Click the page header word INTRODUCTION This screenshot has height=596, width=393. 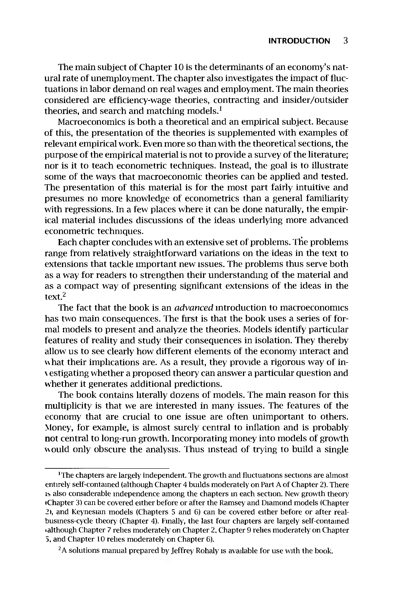(x=299, y=41)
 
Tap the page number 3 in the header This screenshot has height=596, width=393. (x=346, y=41)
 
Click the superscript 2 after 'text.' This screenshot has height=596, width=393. (x=64, y=295)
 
